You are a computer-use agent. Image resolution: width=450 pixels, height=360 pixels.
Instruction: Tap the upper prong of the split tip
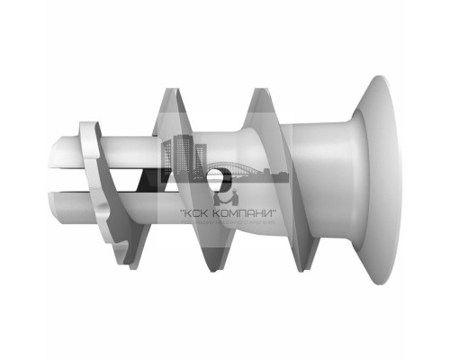[x=68, y=148]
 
